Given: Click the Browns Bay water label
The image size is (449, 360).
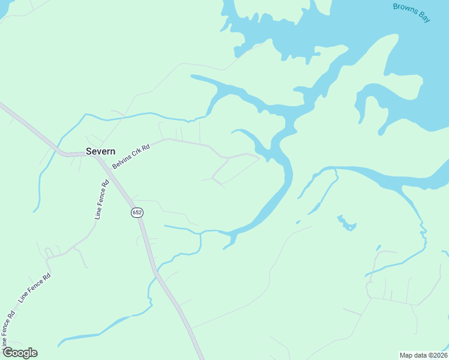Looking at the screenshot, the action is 411,13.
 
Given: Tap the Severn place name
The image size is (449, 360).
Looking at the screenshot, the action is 100,151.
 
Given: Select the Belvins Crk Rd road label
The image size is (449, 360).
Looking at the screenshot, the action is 130,155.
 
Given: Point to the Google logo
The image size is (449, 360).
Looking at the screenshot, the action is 19,353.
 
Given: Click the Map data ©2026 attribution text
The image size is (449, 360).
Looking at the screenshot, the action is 423,355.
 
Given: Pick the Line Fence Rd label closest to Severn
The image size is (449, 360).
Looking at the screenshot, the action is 100,200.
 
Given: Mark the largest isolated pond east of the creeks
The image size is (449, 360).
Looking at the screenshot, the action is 346,223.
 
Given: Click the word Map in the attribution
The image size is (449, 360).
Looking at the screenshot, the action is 406,355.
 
